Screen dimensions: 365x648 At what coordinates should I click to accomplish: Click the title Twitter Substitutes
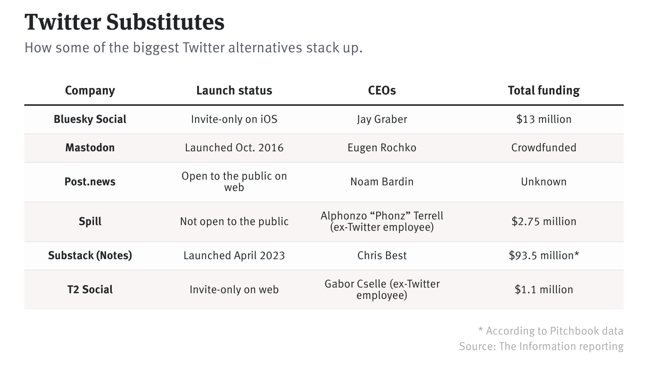124,22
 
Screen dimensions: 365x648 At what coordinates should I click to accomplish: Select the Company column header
90,90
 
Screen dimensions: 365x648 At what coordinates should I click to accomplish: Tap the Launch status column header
234,90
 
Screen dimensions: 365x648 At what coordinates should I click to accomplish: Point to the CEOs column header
382,90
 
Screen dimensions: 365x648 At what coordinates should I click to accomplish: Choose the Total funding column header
544,90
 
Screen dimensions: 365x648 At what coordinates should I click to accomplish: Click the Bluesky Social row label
90,119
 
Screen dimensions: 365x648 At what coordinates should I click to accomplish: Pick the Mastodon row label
90,148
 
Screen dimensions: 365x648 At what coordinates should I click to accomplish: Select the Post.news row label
90,182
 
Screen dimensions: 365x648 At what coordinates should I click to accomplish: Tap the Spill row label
90,221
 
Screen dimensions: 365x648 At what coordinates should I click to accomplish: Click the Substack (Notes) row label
90,255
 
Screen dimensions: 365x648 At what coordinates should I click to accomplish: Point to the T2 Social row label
90,290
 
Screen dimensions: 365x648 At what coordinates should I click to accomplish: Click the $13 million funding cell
544,119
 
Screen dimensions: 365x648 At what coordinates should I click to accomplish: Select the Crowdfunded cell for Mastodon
544,148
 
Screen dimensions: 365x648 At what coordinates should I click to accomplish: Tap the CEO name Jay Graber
382,119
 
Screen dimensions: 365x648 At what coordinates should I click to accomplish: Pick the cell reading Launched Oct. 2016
234,148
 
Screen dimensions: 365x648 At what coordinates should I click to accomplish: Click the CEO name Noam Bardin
382,182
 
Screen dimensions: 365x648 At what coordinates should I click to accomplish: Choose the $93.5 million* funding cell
544,255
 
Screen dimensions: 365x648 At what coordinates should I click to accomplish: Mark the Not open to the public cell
234,221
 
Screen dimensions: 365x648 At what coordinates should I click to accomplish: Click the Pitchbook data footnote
550,331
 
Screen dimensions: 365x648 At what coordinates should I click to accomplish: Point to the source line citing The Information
541,346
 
